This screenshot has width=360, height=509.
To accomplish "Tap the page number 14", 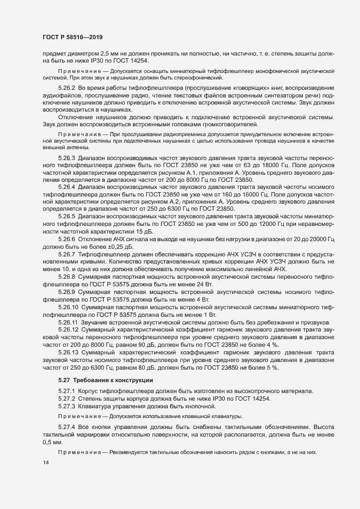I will pos(45,463).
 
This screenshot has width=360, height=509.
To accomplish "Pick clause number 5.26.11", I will pos(68,322).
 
